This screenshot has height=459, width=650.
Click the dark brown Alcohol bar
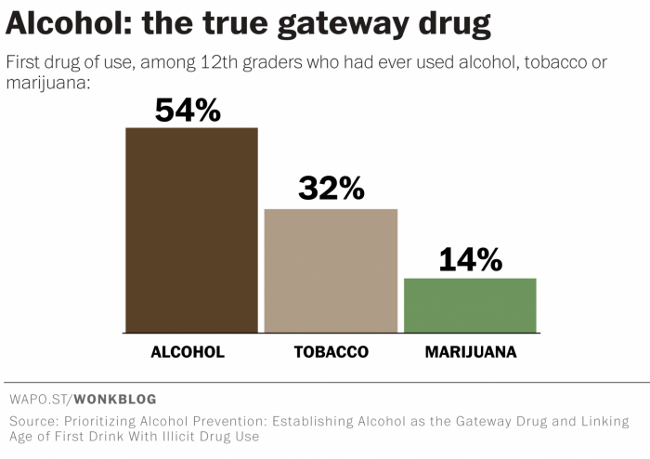point(191,230)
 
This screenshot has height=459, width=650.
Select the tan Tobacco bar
point(331,270)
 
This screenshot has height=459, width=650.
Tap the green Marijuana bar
point(470,306)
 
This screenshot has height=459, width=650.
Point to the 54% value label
point(188,111)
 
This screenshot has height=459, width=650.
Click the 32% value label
point(331,189)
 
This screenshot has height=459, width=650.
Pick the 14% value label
point(471,259)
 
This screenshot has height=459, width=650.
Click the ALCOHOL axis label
point(188,352)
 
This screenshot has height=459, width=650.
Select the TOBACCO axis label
point(331,352)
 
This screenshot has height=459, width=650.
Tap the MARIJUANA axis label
point(471,352)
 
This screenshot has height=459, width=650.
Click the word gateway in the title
point(344,24)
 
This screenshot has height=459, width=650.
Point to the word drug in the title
point(455,24)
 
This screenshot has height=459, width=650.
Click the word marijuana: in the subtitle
point(48,83)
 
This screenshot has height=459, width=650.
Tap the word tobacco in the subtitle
point(555,62)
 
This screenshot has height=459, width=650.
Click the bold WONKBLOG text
point(115,400)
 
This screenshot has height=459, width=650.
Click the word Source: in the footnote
point(34,421)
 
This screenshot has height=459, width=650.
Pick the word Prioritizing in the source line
point(100,422)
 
